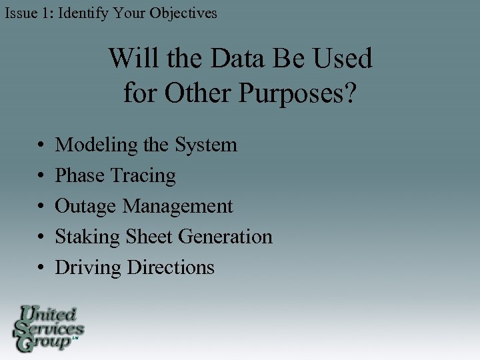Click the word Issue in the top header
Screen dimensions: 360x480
tap(20, 13)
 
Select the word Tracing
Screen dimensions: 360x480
tap(143, 176)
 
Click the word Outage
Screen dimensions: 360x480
tap(86, 207)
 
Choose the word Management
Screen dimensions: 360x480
tap(178, 207)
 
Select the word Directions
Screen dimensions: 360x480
tap(171, 267)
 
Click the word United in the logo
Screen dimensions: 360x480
tap(50, 314)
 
